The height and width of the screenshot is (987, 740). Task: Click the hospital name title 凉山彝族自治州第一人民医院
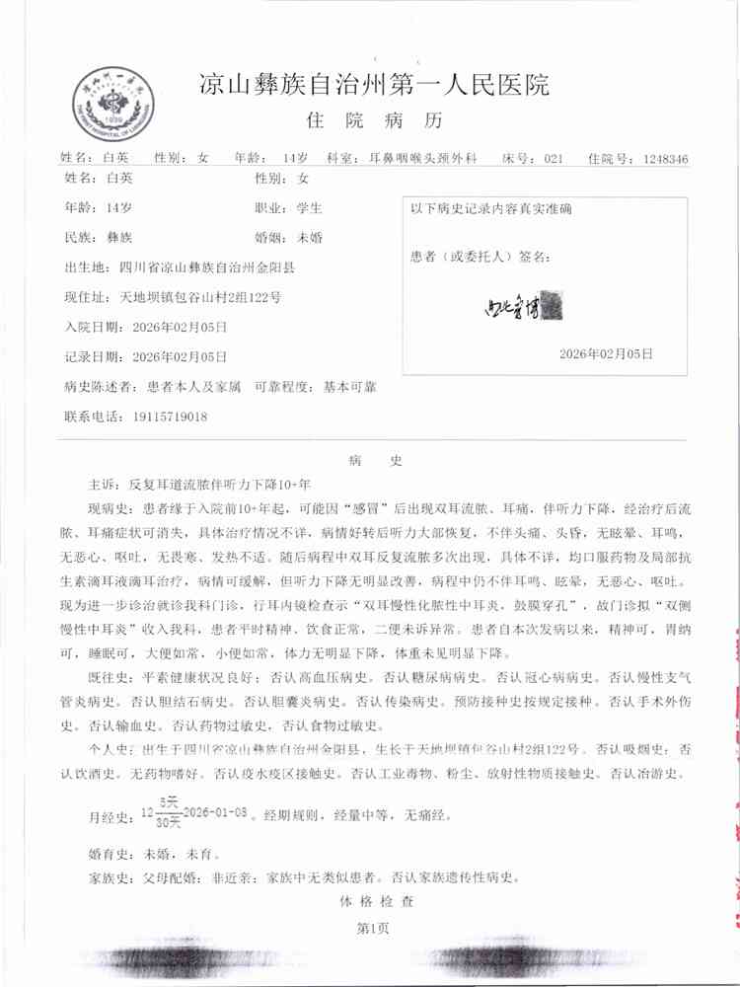tap(374, 85)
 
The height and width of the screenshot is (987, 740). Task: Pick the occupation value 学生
tap(310, 208)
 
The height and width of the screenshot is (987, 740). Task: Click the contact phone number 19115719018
tap(169, 417)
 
